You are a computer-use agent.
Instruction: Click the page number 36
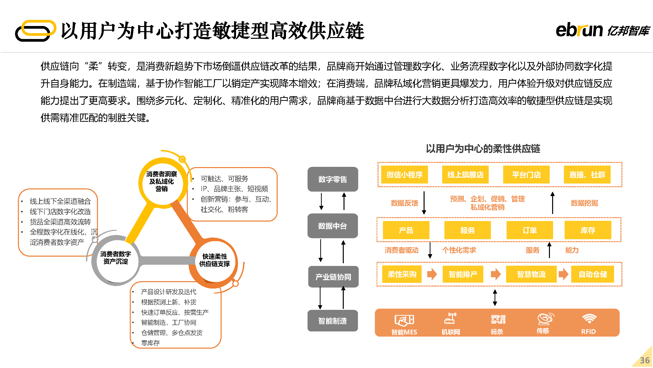pyautogui.click(x=645, y=360)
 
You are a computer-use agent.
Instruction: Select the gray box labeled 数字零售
pyautogui.click(x=332, y=179)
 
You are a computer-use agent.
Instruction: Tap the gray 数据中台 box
pyautogui.click(x=332, y=226)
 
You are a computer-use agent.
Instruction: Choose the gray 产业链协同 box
pyautogui.click(x=333, y=276)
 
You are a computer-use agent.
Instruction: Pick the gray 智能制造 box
pyautogui.click(x=332, y=320)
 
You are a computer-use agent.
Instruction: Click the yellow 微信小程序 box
pyautogui.click(x=404, y=174)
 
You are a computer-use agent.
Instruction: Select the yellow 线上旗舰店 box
pyautogui.click(x=465, y=174)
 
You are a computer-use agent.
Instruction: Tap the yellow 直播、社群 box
pyautogui.click(x=587, y=174)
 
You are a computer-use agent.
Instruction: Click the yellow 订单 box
pyautogui.click(x=530, y=230)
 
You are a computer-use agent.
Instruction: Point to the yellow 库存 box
pyautogui.click(x=588, y=230)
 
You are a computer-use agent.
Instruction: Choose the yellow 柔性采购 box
pyautogui.click(x=402, y=274)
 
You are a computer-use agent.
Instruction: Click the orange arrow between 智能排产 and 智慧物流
pyautogui.click(x=496, y=274)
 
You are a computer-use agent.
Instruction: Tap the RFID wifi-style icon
pyautogui.click(x=589, y=318)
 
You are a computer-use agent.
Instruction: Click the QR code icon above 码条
pyautogui.click(x=498, y=319)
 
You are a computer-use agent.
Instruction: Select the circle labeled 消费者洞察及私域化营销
pyautogui.click(x=162, y=181)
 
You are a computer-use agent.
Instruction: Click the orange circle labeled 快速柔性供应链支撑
pyautogui.click(x=214, y=261)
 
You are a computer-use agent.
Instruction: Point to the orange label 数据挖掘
pyautogui.click(x=584, y=203)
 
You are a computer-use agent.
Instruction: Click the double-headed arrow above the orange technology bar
pyautogui.click(x=495, y=298)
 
